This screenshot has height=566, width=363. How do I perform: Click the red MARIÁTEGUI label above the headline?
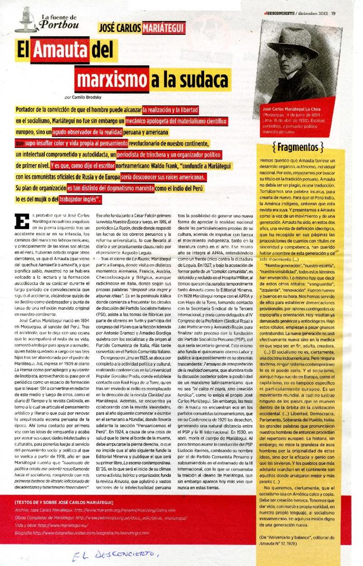click(x=163, y=28)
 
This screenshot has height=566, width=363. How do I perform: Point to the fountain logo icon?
click(x=25, y=20)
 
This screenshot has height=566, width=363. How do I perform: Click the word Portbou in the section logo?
click(x=59, y=25)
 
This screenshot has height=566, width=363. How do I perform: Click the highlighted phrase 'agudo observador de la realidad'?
click(x=87, y=132)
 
